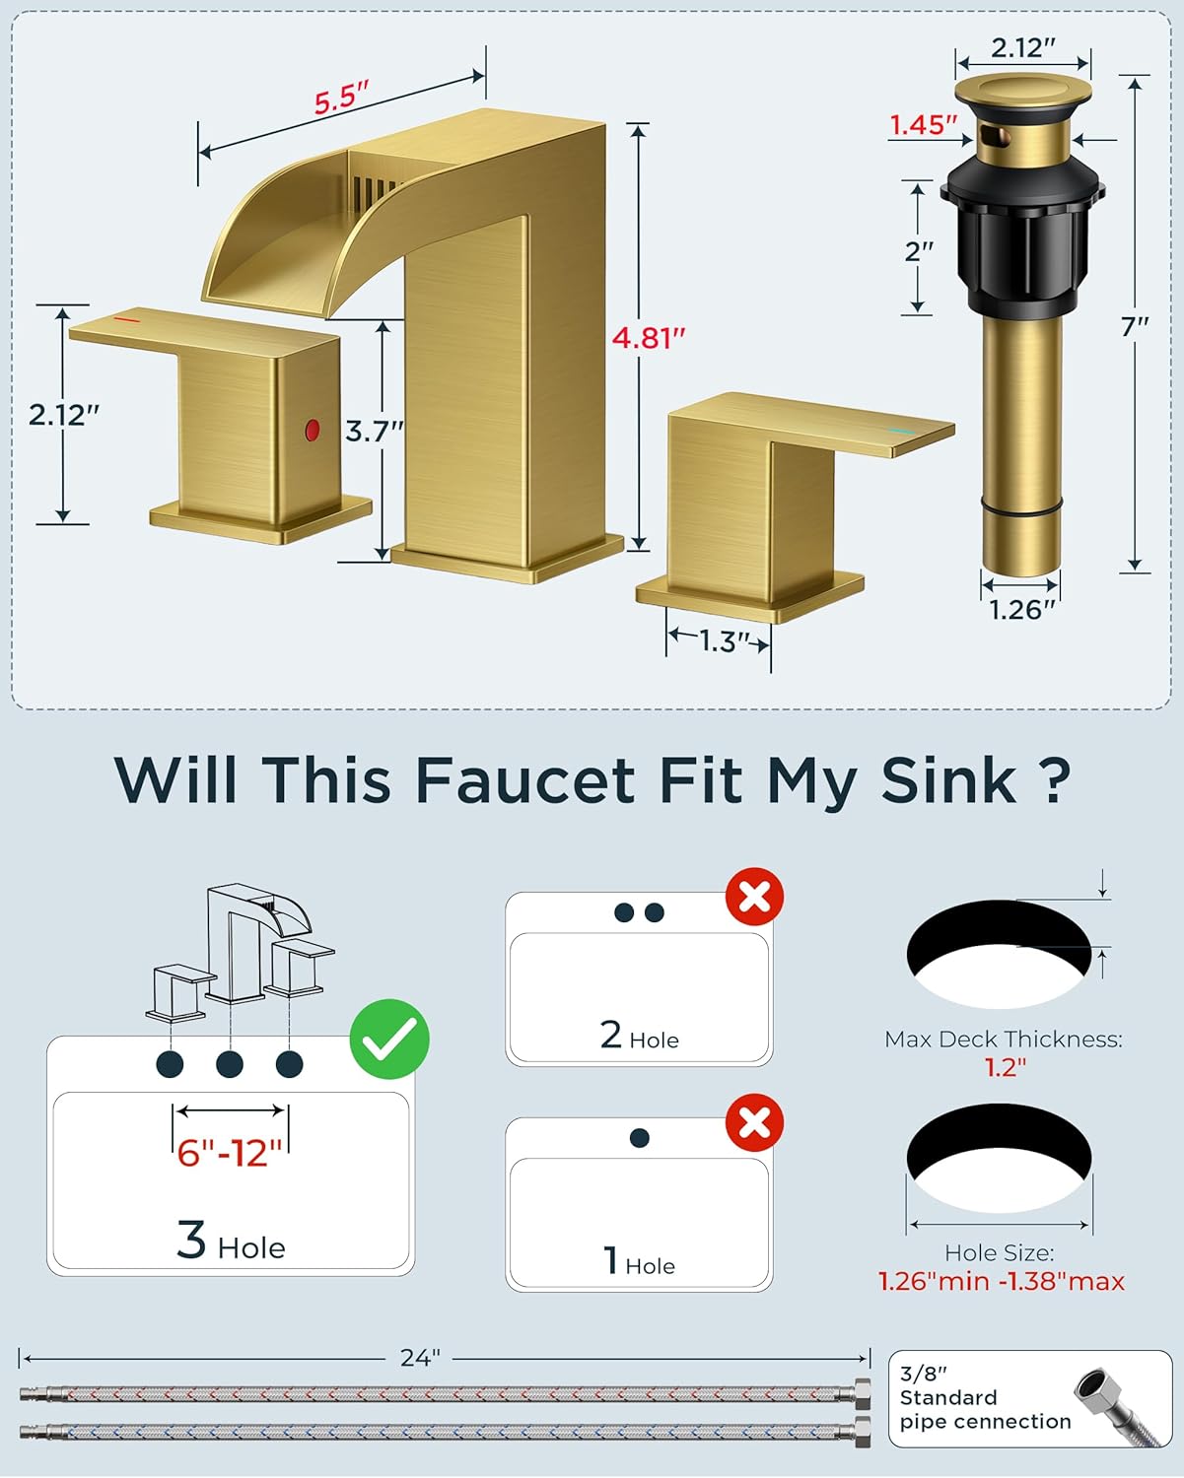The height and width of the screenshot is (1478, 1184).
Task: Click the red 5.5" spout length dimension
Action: [341, 99]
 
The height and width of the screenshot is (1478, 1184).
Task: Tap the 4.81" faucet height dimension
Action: [648, 338]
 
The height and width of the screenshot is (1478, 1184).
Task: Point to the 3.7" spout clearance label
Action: [375, 432]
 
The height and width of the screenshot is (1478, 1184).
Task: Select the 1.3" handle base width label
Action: [720, 641]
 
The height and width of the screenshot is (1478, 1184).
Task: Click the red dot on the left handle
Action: [313, 430]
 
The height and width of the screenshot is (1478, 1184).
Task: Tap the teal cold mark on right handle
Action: [900, 432]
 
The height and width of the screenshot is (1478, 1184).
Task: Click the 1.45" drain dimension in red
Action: [923, 125]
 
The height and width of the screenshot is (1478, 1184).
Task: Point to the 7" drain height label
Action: [1135, 326]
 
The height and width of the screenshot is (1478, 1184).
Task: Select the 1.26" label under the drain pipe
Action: [1021, 610]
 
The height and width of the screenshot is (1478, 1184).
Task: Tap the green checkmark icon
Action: [389, 1039]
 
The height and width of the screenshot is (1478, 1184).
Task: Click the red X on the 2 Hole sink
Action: [754, 898]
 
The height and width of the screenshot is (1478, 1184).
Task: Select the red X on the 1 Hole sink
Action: [754, 1122]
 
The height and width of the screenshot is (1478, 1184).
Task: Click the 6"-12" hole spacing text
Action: [230, 1152]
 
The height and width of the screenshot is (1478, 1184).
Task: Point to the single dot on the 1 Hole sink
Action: [639, 1138]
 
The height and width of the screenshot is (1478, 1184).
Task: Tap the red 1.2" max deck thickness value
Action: [1005, 1067]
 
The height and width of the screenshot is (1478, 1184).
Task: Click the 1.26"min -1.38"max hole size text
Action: [1001, 1281]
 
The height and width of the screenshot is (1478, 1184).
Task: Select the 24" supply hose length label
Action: [420, 1358]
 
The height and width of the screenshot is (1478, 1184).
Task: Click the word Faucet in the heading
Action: [524, 780]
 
